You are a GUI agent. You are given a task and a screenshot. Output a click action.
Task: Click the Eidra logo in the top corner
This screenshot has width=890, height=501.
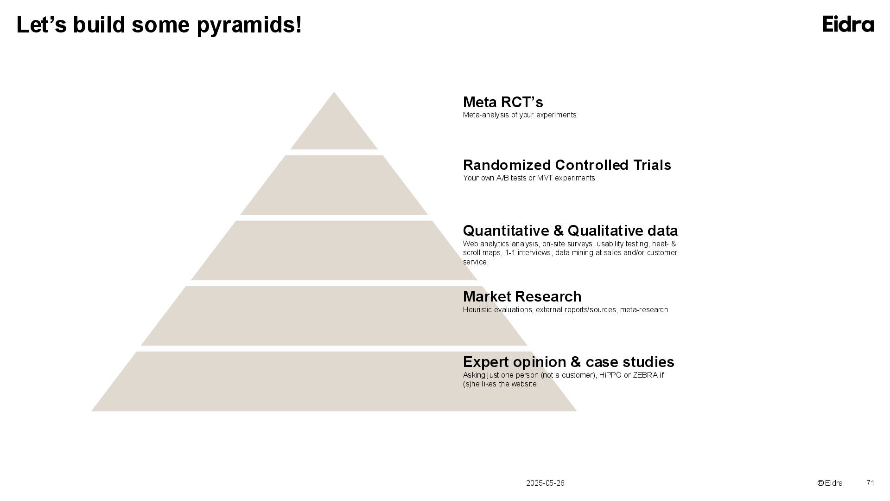click(x=848, y=24)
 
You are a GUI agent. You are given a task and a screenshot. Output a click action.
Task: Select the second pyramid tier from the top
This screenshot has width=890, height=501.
click(x=334, y=186)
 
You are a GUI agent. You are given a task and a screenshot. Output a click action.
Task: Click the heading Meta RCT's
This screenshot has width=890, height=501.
click(x=503, y=102)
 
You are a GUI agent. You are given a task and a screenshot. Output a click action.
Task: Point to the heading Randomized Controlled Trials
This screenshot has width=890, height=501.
click(x=567, y=165)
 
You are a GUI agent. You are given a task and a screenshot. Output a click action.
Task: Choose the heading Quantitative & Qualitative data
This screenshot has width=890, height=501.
click(x=570, y=231)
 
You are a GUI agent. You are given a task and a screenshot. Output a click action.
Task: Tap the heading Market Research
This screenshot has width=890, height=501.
click(x=522, y=296)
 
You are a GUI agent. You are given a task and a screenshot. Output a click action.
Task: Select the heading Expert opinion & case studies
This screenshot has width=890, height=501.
click(x=568, y=362)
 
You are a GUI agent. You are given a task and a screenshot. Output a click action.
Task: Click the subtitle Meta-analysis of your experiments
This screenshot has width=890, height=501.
click(x=520, y=115)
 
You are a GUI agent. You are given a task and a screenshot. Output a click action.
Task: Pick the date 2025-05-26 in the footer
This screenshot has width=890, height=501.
click(x=545, y=483)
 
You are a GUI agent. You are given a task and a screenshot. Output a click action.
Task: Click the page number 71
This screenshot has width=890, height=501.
click(x=870, y=483)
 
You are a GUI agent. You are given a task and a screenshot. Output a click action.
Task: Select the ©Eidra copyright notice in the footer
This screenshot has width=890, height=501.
click(x=830, y=483)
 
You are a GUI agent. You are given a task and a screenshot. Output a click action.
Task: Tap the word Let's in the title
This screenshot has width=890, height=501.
click(x=42, y=25)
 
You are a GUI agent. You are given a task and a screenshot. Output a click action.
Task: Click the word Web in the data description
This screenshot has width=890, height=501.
click(x=470, y=244)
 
